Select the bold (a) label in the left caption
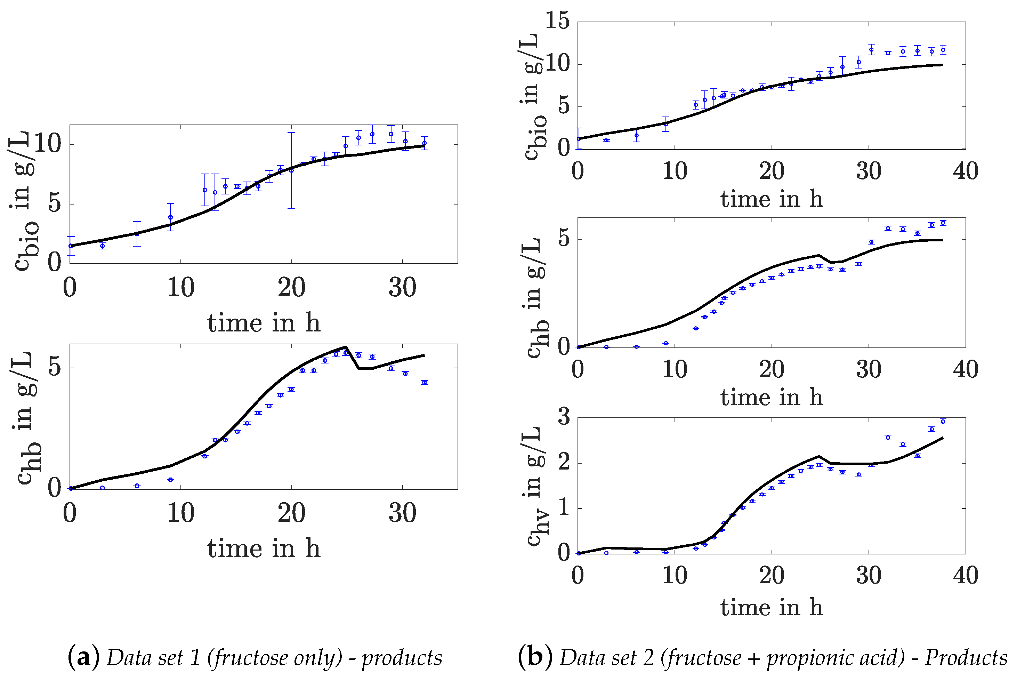(84, 657)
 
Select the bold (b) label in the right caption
(535, 657)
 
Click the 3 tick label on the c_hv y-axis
(564, 417)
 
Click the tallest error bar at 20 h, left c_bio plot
(291, 170)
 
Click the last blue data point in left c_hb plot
(425, 383)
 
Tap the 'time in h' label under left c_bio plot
(264, 323)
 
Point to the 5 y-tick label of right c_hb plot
(564, 239)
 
